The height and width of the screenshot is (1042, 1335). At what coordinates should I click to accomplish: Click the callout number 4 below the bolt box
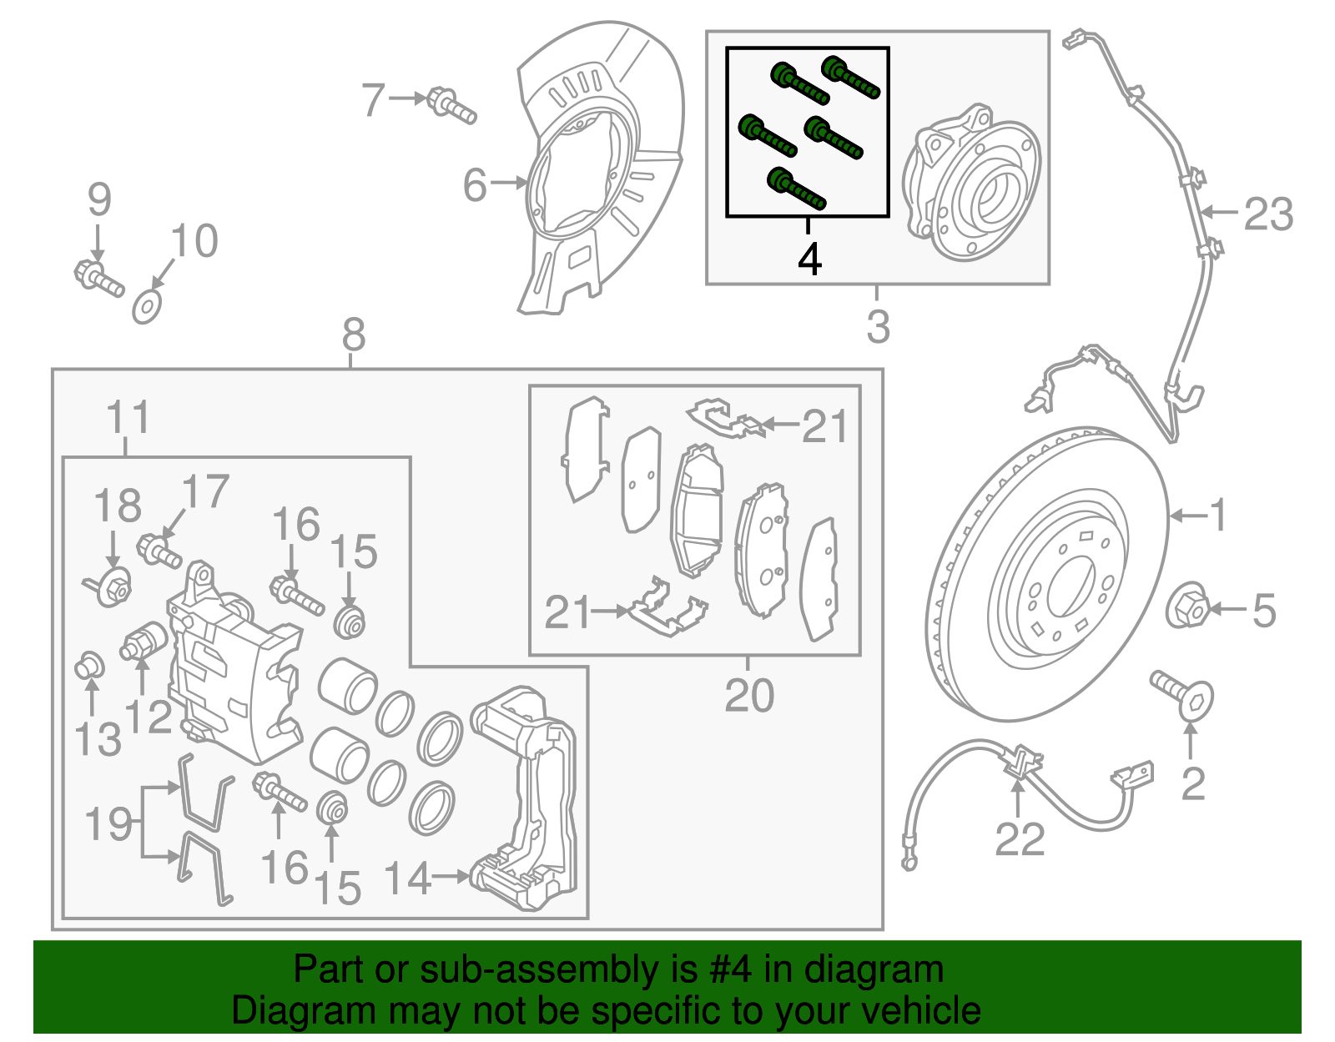(x=809, y=259)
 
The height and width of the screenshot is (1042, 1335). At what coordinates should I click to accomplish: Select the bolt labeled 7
(x=451, y=106)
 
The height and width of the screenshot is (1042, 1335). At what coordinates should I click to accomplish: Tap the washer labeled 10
(x=147, y=307)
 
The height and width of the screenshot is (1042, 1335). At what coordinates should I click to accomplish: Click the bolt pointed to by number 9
(x=98, y=277)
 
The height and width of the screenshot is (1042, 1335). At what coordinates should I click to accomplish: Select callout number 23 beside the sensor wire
(x=1268, y=214)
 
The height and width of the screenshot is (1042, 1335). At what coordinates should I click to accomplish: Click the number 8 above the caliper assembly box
(x=354, y=335)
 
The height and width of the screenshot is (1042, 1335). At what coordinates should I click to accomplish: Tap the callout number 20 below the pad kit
(x=748, y=695)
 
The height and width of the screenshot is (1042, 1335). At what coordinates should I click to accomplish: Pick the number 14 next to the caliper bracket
(x=407, y=878)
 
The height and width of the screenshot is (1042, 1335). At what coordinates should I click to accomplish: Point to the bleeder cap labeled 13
(x=88, y=667)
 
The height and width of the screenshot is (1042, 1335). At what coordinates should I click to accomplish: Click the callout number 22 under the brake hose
(x=1019, y=839)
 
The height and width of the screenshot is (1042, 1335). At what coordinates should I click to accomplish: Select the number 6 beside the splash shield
(x=474, y=184)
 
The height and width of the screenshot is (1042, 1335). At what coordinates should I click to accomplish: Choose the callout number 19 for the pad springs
(x=108, y=824)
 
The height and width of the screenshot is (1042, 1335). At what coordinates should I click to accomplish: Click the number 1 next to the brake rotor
(x=1218, y=515)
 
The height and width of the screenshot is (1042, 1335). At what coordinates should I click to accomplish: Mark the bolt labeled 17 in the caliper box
(x=160, y=551)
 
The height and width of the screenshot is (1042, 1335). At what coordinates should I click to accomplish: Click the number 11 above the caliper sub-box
(x=128, y=417)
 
